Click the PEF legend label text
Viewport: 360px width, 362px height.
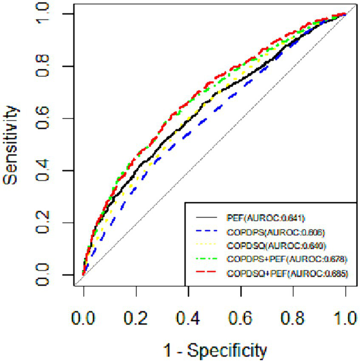[266, 218]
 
